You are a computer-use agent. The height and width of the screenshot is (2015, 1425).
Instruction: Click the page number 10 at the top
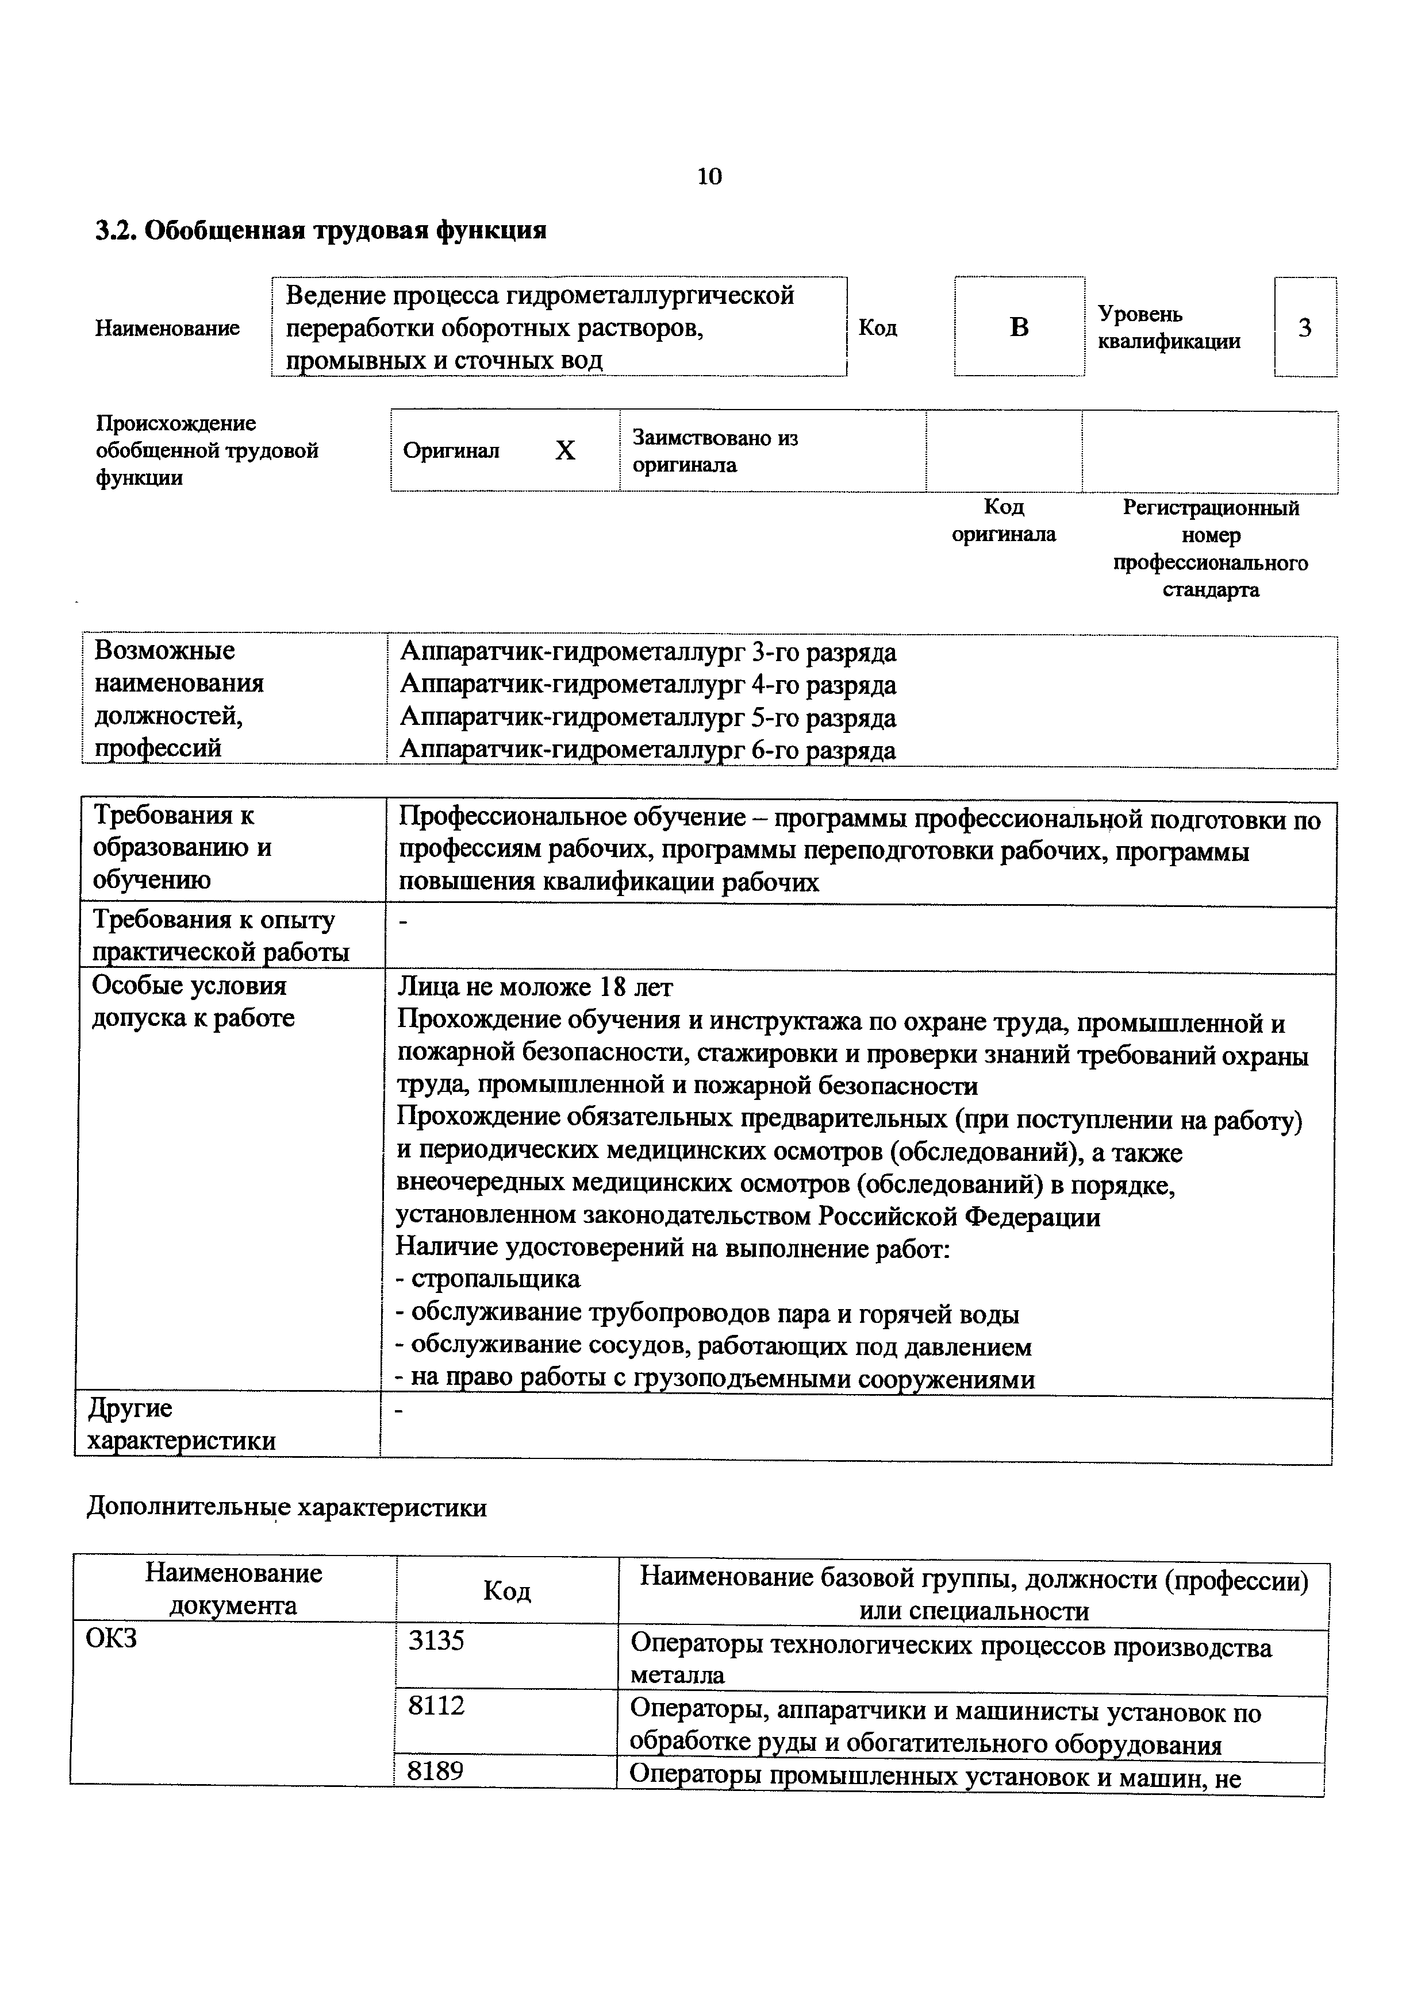click(x=709, y=176)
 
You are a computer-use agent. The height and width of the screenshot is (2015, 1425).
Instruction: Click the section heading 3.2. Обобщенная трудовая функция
click(x=321, y=231)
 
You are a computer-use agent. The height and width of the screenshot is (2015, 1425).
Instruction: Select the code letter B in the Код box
click(x=1019, y=327)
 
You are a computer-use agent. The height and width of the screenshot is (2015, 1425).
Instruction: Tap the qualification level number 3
click(x=1305, y=327)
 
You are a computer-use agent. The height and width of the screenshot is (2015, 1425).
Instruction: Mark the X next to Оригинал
click(x=566, y=451)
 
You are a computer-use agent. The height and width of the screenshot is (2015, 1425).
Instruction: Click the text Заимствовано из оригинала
click(x=715, y=451)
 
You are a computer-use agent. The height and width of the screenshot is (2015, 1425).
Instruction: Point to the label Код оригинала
click(x=1004, y=520)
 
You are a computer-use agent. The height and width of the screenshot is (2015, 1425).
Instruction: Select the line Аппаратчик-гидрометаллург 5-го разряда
click(x=648, y=718)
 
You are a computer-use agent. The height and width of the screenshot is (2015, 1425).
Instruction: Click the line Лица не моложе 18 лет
click(x=536, y=987)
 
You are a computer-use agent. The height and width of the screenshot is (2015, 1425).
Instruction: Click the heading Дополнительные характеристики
click(x=286, y=1508)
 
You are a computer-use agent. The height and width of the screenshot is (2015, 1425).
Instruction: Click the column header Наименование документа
click(x=233, y=1588)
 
